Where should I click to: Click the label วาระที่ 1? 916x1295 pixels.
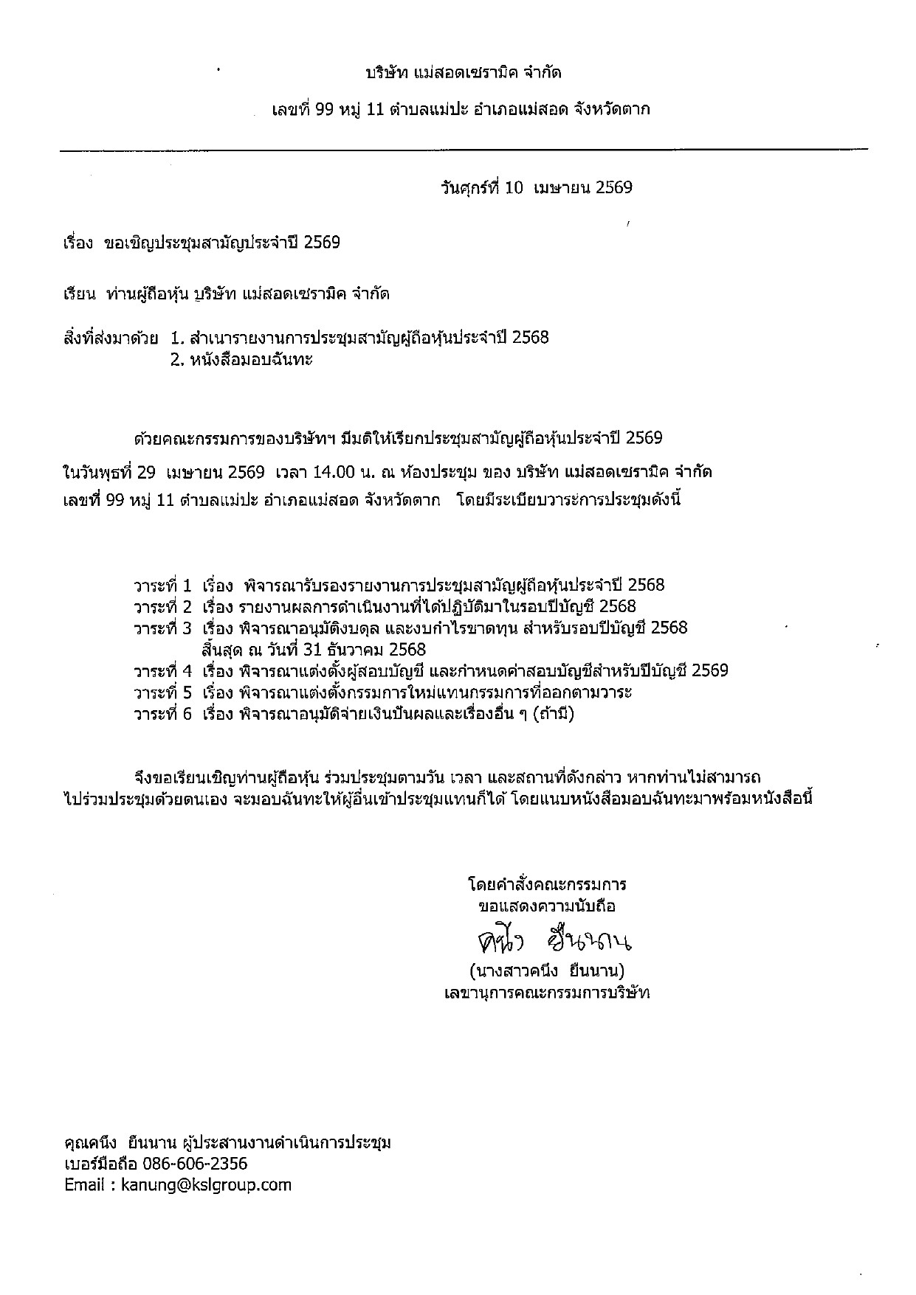(162, 586)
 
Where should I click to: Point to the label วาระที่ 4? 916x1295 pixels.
(162, 671)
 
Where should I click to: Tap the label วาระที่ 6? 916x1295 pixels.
(162, 714)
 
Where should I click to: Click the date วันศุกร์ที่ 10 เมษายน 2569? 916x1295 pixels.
(536, 188)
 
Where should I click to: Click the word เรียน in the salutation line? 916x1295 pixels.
(80, 294)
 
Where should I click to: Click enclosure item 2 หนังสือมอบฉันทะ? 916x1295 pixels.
(241, 361)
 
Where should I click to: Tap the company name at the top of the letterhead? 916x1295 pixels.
(464, 73)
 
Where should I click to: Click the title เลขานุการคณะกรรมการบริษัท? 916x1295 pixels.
(547, 992)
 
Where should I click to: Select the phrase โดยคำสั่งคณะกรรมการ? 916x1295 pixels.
(547, 884)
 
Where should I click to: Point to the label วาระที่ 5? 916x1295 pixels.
(162, 692)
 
